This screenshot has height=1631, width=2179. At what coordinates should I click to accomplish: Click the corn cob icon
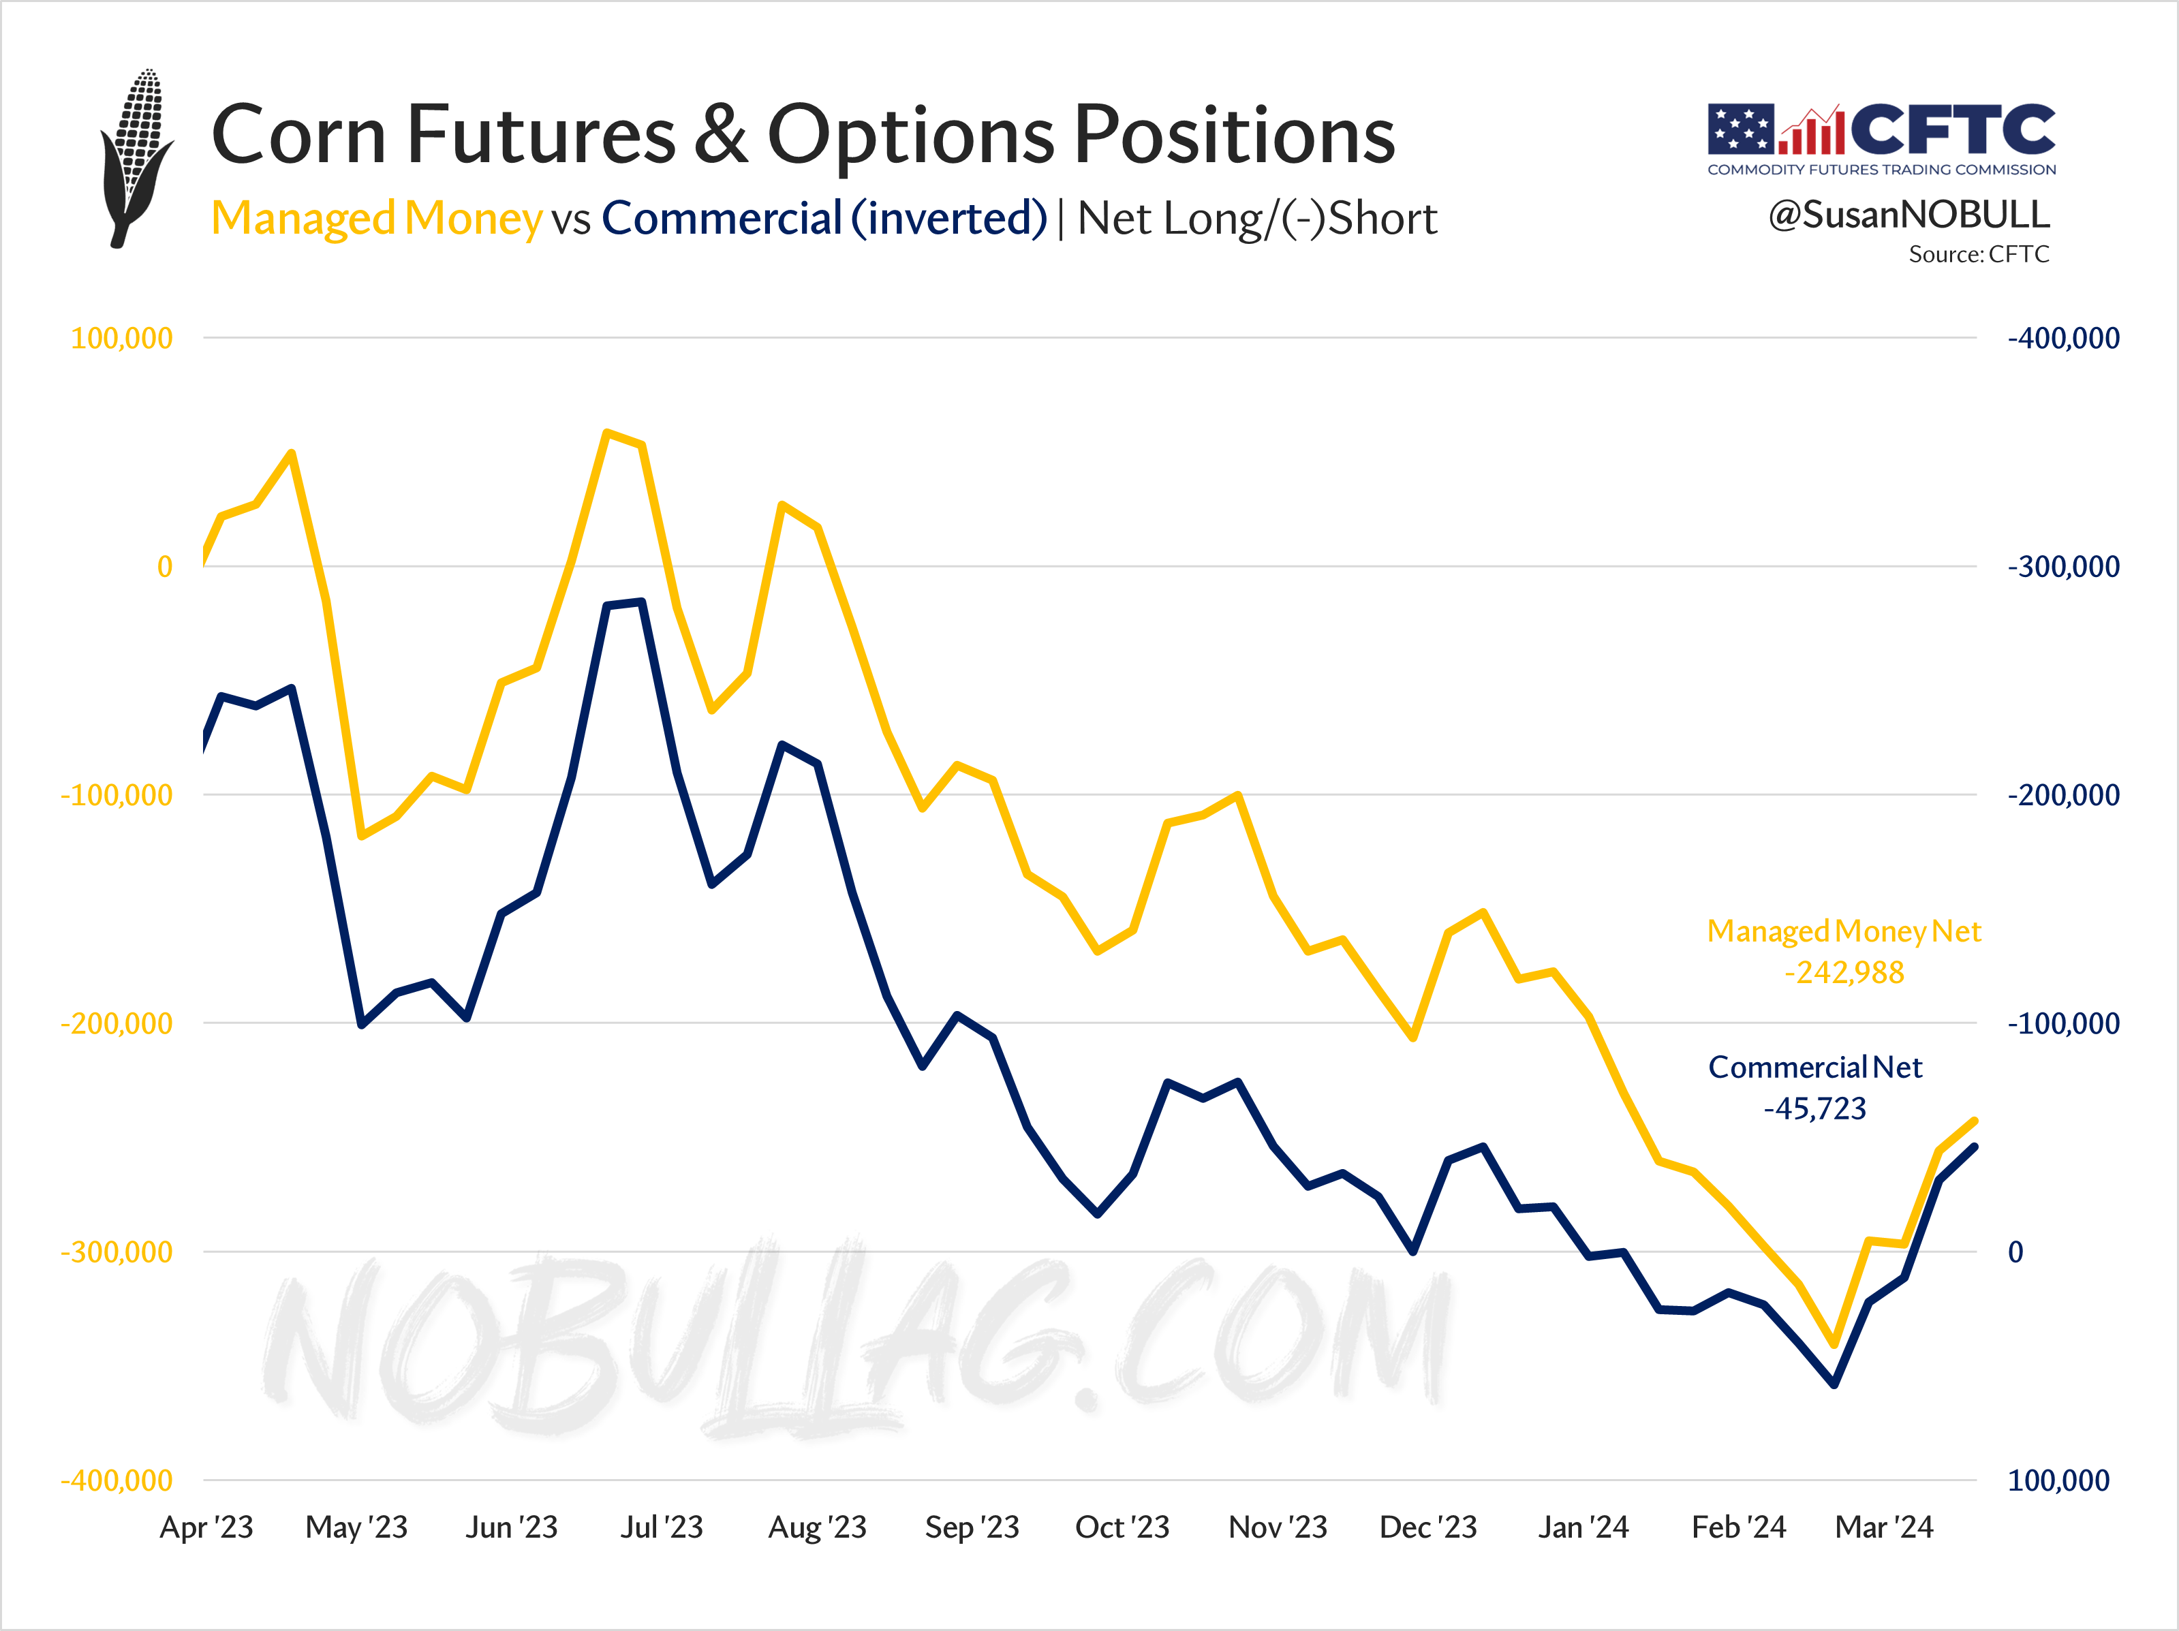tap(136, 157)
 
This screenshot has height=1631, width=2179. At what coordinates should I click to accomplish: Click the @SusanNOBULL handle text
tap(1908, 215)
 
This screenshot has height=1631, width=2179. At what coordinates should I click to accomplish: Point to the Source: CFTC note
tap(1978, 254)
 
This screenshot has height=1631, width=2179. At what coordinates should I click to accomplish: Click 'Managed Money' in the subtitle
tap(376, 219)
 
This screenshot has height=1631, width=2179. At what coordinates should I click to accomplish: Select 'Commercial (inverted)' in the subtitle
tap(824, 219)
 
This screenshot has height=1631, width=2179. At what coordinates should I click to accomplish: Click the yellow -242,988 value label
tap(1844, 972)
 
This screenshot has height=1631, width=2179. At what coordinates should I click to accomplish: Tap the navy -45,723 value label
tap(1814, 1108)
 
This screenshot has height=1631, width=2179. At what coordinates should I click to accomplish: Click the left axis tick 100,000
tap(121, 338)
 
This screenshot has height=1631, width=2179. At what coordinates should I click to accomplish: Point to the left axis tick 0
tap(164, 566)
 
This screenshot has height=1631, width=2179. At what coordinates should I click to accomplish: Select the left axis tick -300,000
tap(117, 1252)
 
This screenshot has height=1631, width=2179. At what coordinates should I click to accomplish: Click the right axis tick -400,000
tap(2062, 338)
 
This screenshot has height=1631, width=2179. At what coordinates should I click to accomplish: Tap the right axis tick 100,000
tap(2058, 1480)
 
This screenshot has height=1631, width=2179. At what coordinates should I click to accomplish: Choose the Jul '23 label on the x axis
tap(661, 1527)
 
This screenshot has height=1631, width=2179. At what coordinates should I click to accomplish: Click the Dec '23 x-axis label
tap(1427, 1527)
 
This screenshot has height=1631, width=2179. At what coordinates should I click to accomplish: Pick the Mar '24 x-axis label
tap(1883, 1527)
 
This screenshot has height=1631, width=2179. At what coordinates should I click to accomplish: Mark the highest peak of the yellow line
tap(607, 433)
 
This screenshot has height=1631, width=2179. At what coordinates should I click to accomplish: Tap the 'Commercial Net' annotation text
tap(1814, 1067)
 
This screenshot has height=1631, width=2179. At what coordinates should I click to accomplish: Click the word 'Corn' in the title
tap(298, 135)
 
